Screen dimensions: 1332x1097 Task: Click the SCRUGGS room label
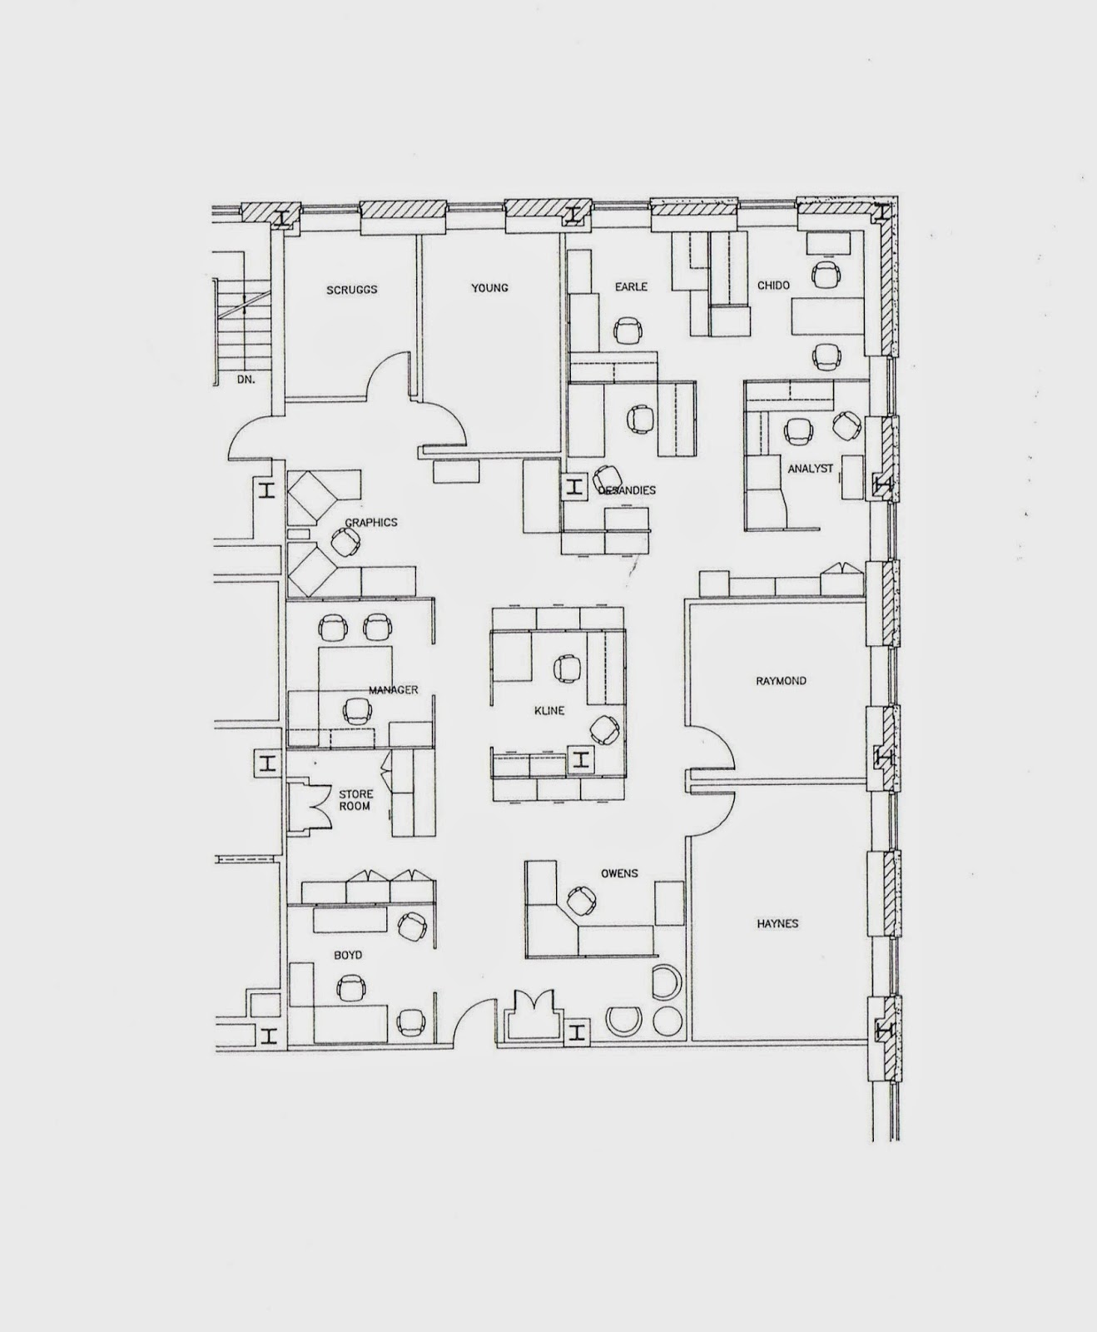(x=351, y=290)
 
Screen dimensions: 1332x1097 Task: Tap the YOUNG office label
(x=489, y=288)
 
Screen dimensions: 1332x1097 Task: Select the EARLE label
(x=631, y=287)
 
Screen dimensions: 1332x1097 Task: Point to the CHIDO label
(x=773, y=286)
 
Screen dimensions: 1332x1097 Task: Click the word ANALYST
(x=810, y=469)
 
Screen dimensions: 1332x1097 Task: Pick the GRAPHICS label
(x=371, y=523)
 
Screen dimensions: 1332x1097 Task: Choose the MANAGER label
(x=393, y=690)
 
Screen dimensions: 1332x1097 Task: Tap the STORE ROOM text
(x=355, y=800)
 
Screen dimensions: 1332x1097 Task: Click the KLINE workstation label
(x=549, y=711)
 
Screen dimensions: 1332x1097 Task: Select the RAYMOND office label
(x=781, y=681)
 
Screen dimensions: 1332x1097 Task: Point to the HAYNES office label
(x=777, y=923)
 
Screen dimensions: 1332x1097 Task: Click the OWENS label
(x=619, y=873)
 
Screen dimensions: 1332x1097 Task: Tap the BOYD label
(x=348, y=955)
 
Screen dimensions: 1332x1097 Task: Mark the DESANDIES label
(x=627, y=490)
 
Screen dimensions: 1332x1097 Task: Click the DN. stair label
(x=245, y=379)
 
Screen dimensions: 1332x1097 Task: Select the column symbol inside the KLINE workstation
(x=581, y=758)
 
